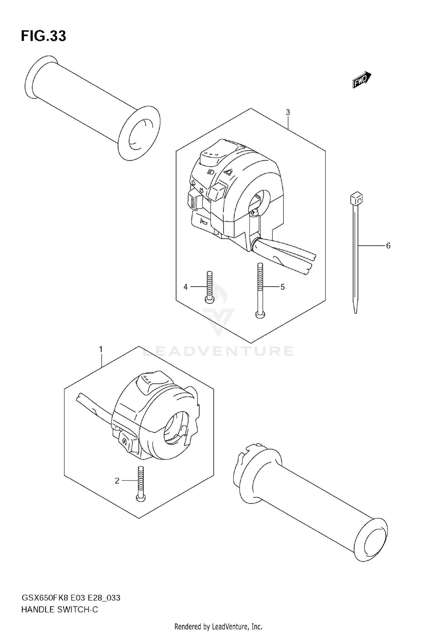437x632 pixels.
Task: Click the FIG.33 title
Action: [43, 36]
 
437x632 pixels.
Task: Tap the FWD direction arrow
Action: [362, 80]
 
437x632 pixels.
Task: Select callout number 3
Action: [288, 112]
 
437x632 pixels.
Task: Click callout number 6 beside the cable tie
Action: [388, 246]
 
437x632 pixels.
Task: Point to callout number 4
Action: [186, 287]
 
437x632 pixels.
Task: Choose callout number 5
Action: [282, 287]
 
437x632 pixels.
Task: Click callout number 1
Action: [101, 349]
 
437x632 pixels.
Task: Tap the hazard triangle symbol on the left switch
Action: [228, 172]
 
